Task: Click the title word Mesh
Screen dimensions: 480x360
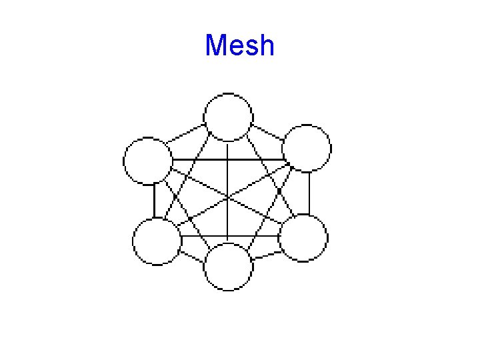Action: tap(240, 45)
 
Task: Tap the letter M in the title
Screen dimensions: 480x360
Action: tap(217, 45)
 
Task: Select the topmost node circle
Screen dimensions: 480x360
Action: tap(228, 117)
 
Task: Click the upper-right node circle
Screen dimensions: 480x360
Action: tap(307, 148)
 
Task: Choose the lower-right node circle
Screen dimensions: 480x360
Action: tap(303, 238)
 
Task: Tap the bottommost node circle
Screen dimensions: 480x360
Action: tap(228, 267)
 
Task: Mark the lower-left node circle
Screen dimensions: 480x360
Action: tap(157, 241)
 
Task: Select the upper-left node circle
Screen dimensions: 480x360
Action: tap(148, 161)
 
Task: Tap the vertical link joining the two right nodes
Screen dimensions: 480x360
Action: tap(309, 193)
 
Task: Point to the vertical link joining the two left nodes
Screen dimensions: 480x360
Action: tap(154, 201)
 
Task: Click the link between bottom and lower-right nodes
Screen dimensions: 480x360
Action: tap(265, 252)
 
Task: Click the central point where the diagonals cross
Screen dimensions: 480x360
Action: tap(228, 198)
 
